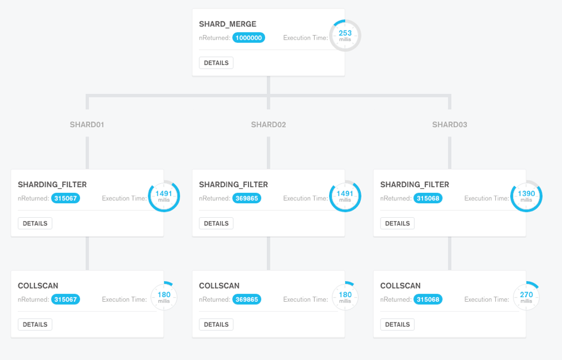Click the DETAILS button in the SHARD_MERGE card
pyautogui.click(x=216, y=63)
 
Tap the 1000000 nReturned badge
pyautogui.click(x=248, y=38)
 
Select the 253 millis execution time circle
pyautogui.click(x=345, y=36)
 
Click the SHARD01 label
pyautogui.click(x=87, y=124)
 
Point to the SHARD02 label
pyautogui.click(x=268, y=124)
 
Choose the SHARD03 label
pyautogui.click(x=450, y=124)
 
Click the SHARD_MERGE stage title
pyautogui.click(x=228, y=24)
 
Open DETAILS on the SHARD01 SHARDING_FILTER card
pyautogui.click(x=35, y=223)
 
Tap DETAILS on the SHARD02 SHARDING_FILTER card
pyautogui.click(x=216, y=223)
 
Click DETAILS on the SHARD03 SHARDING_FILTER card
pyautogui.click(x=397, y=223)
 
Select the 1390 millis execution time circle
pyautogui.click(x=526, y=196)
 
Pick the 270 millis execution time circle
pyautogui.click(x=526, y=297)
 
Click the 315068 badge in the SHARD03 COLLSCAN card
pyautogui.click(x=428, y=300)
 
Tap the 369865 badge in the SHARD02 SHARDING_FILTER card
pyautogui.click(x=246, y=198)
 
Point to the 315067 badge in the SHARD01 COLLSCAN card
pyautogui.click(x=65, y=300)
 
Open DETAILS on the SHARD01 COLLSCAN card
pyautogui.click(x=35, y=324)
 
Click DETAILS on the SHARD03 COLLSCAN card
pyautogui.click(x=397, y=324)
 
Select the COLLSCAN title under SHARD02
pyautogui.click(x=219, y=286)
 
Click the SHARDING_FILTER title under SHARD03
pyautogui.click(x=414, y=185)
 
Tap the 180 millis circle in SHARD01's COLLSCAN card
pyautogui.click(x=164, y=297)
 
